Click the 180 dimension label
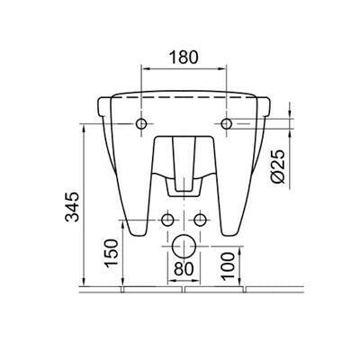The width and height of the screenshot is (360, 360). click(184, 58)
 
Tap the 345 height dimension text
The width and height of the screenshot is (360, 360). click(73, 207)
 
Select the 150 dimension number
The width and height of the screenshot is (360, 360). click(111, 253)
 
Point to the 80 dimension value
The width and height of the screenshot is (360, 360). click(184, 269)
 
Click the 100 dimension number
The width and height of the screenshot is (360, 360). click(229, 265)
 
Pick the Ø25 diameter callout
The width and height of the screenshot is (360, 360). click(277, 166)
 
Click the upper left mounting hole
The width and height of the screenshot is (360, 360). click(141, 123)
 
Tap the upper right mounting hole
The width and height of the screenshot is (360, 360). click(226, 123)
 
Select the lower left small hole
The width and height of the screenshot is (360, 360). click(167, 220)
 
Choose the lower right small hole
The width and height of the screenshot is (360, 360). click(200, 220)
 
